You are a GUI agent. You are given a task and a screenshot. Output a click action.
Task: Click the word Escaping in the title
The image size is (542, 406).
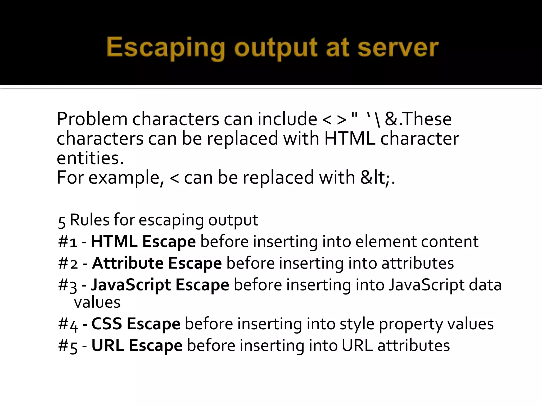[x=166, y=48]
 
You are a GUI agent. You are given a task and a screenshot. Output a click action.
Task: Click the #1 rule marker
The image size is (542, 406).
[x=68, y=242]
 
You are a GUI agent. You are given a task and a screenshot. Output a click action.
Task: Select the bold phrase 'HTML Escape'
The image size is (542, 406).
[x=143, y=242]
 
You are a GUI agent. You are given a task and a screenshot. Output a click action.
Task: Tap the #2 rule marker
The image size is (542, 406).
[x=68, y=264]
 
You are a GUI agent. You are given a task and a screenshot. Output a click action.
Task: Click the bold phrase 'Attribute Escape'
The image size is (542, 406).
[x=157, y=263]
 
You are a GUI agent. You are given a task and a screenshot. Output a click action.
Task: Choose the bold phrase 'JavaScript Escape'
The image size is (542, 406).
[x=160, y=285]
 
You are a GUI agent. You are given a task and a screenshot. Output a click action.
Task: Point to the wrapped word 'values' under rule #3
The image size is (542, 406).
[x=97, y=302]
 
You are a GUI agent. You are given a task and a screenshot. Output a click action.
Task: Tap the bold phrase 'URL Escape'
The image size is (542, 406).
[x=137, y=345]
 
